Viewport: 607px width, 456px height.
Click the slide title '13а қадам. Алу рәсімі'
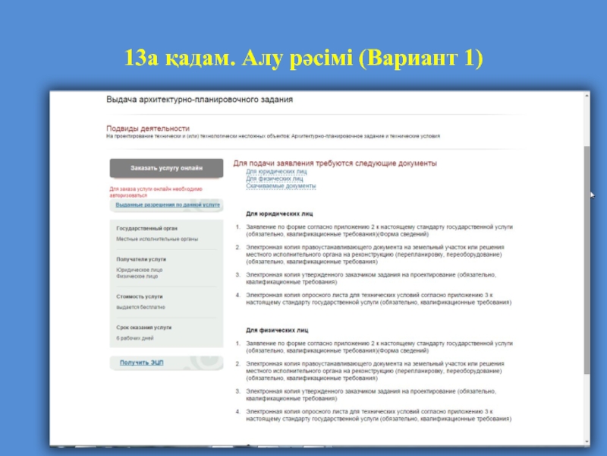point(304,59)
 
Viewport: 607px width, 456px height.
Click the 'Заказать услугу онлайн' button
point(166,167)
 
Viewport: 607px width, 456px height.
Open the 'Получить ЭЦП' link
point(141,363)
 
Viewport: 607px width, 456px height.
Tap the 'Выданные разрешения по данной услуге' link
point(168,205)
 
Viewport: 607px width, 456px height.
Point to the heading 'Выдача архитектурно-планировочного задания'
point(199,100)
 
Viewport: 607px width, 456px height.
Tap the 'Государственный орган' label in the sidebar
point(146,228)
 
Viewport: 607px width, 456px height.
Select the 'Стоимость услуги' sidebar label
point(140,296)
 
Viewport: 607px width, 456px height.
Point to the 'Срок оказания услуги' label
point(143,327)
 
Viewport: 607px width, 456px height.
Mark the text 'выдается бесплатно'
point(140,307)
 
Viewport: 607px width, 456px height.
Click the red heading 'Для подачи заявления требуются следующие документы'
point(335,163)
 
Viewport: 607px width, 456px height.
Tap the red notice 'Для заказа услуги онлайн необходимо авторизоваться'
point(156,192)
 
